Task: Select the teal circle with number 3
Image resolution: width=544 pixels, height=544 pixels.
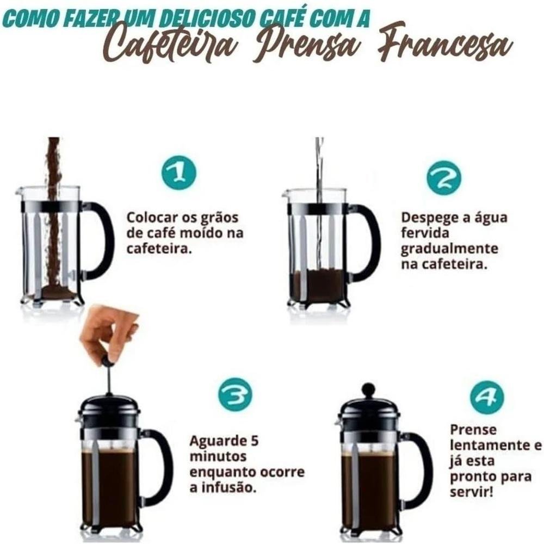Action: (235, 394)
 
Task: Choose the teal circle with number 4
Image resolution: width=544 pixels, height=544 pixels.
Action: (486, 397)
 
